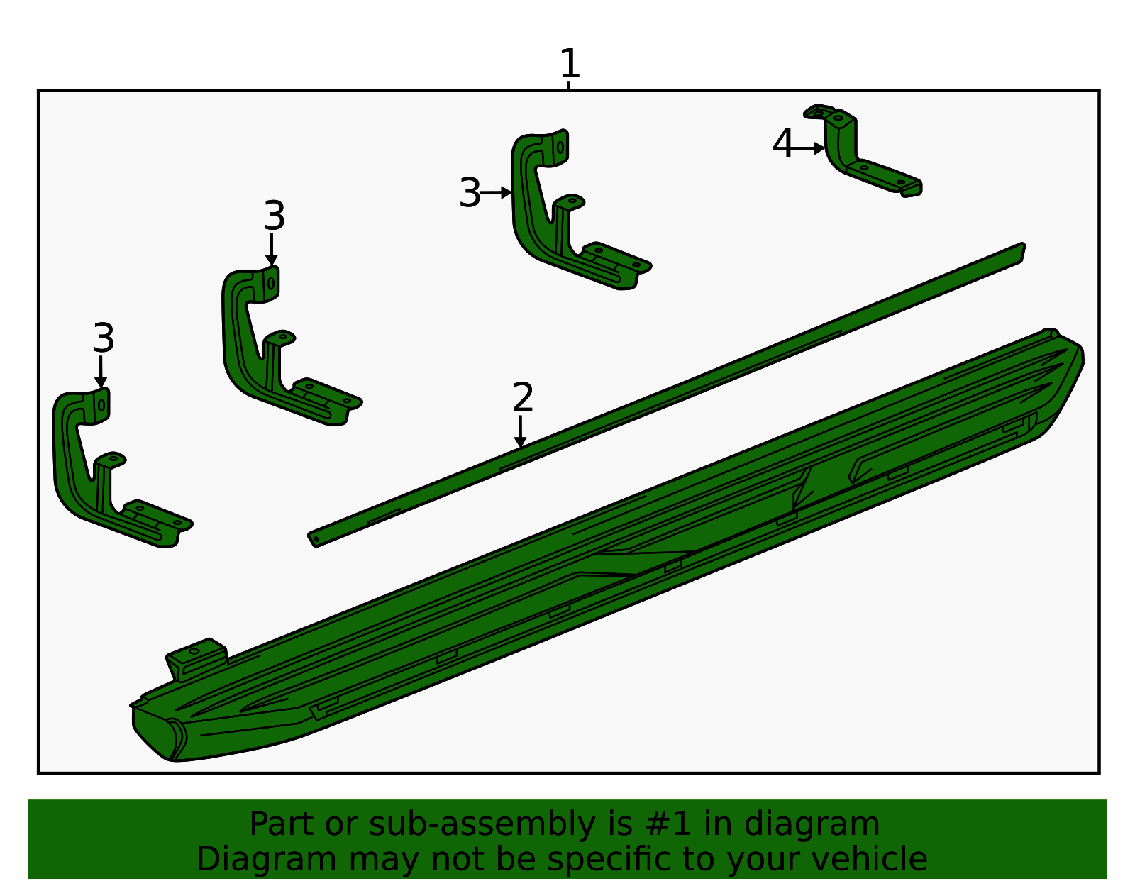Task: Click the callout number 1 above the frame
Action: [x=569, y=63]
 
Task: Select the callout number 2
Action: [x=522, y=397]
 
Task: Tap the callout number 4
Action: [x=782, y=143]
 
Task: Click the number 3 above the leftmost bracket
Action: [x=104, y=338]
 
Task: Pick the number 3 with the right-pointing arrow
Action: [x=470, y=192]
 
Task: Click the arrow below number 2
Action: [x=520, y=431]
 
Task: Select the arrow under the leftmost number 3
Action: [x=101, y=372]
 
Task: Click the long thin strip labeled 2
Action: [x=666, y=395]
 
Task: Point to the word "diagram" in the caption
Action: [x=811, y=824]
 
